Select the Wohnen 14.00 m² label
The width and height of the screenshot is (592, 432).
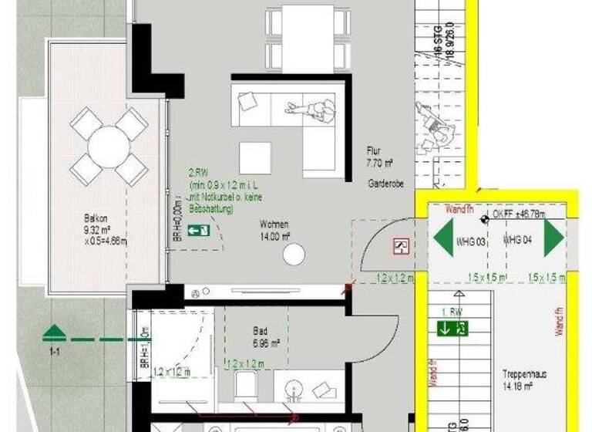pyautogui.click(x=274, y=229)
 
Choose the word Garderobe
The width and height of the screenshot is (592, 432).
pyautogui.click(x=382, y=186)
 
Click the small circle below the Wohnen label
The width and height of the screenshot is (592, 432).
pyautogui.click(x=294, y=254)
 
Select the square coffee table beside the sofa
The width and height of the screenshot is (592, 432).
pyautogui.click(x=254, y=158)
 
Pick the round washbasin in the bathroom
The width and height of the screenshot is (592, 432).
pyautogui.click(x=294, y=389)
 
